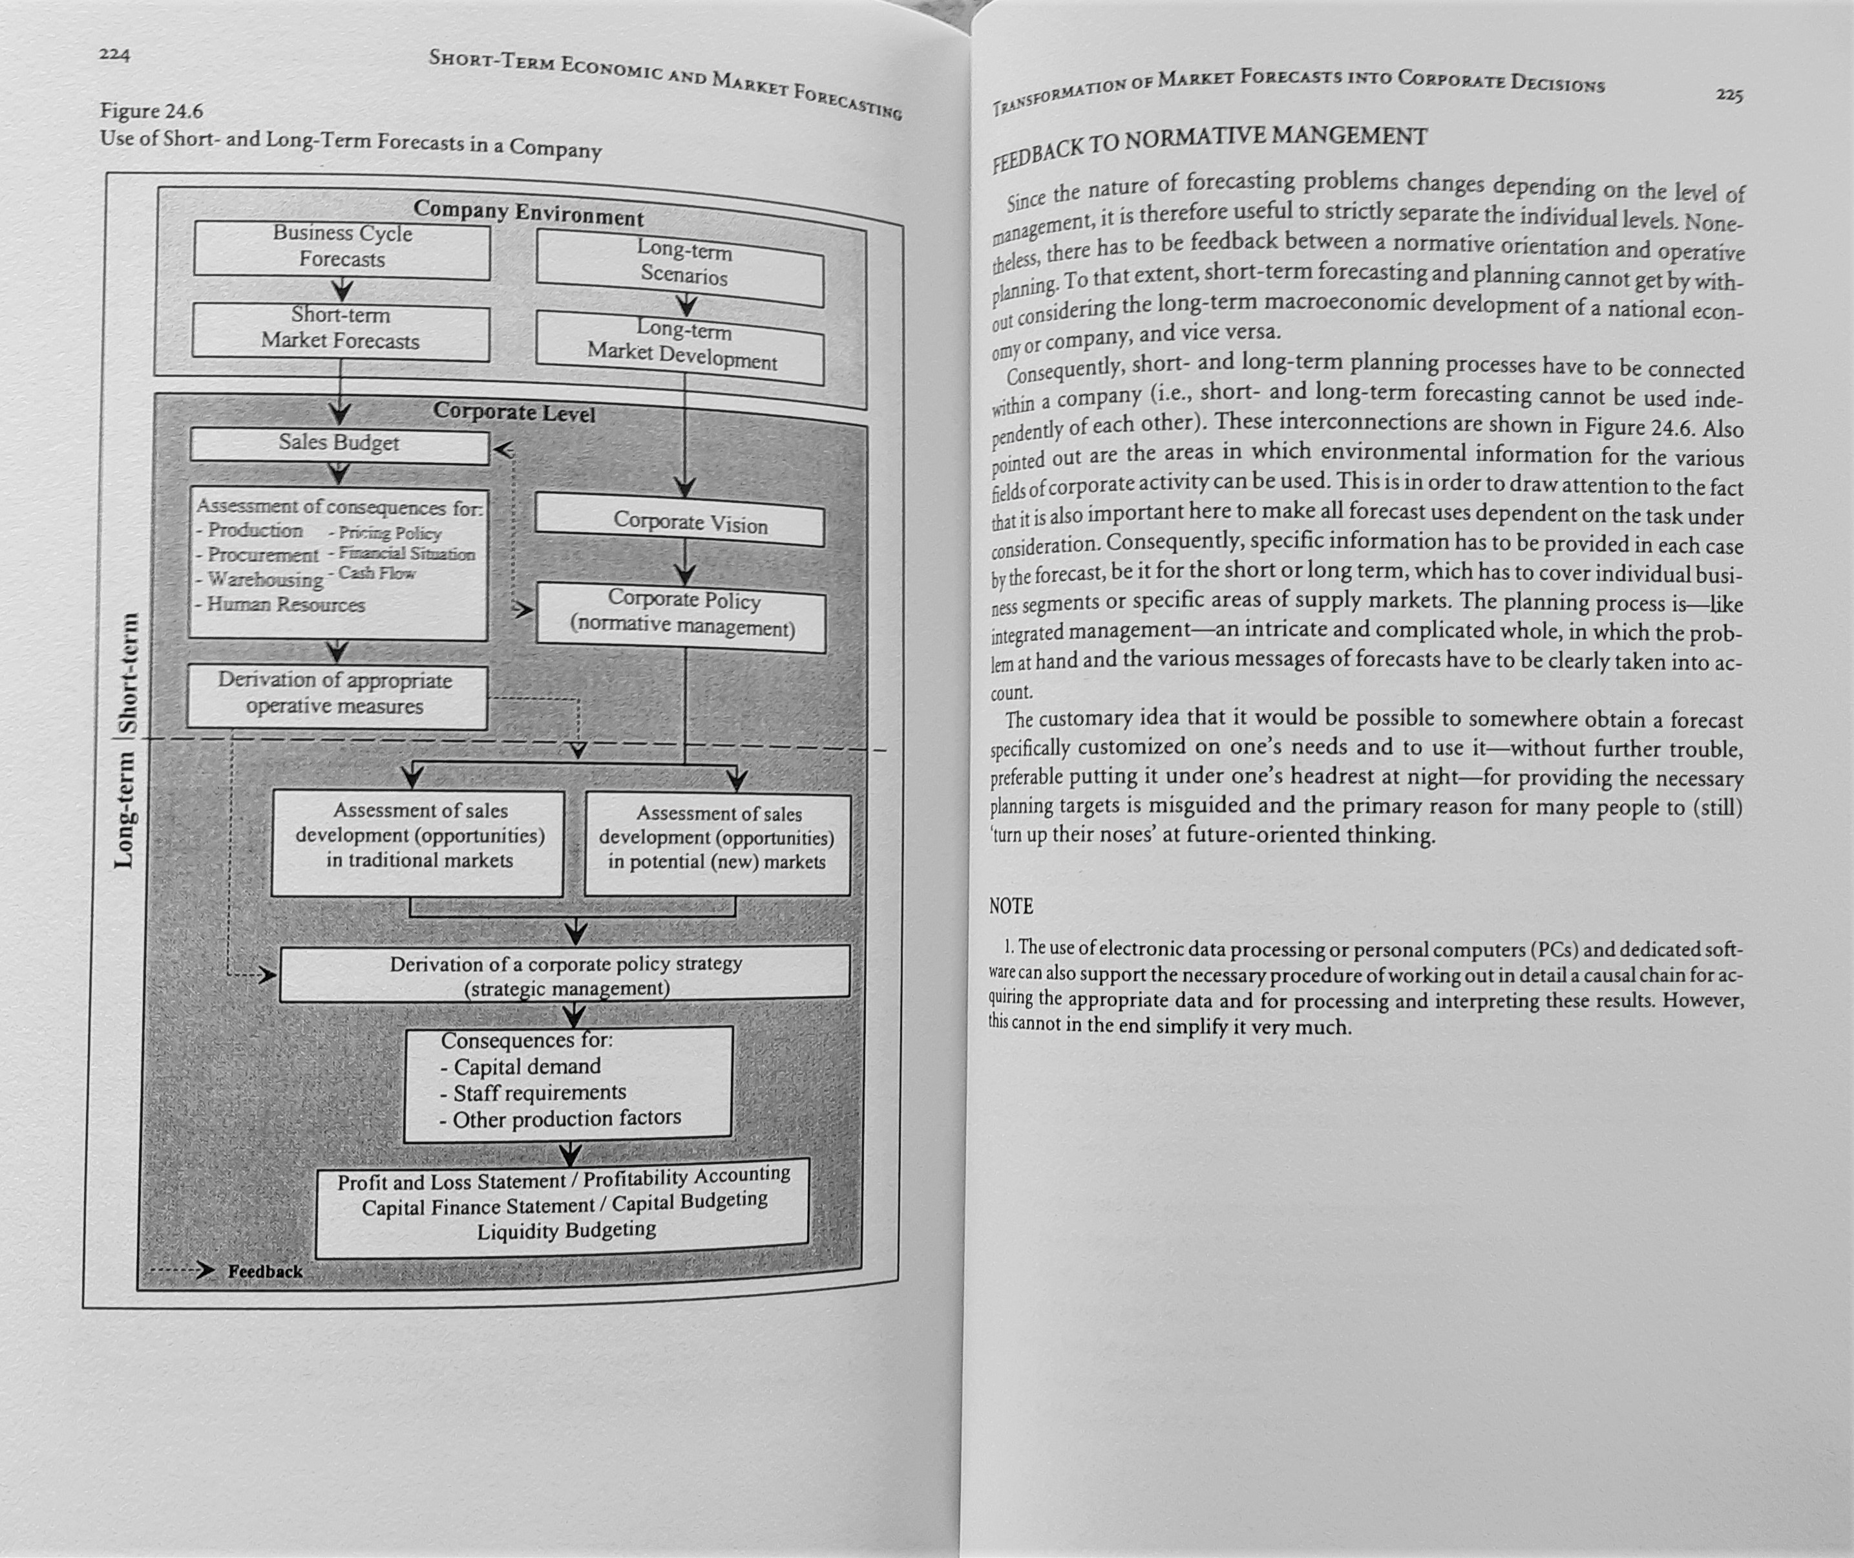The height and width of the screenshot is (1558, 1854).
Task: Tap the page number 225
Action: point(1729,94)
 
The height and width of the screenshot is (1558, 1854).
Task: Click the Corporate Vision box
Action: point(680,524)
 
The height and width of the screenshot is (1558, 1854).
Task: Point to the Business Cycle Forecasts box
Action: point(342,248)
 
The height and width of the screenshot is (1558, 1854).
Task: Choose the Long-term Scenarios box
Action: point(680,266)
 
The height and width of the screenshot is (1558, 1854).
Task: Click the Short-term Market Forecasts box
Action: point(340,330)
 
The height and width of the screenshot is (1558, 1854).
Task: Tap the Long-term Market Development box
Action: point(680,347)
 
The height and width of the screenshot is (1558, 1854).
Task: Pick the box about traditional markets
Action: point(417,837)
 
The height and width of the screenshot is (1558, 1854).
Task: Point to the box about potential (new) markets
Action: point(717,840)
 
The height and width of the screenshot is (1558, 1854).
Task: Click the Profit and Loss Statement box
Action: point(562,1206)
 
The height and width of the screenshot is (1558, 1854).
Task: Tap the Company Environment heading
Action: point(528,213)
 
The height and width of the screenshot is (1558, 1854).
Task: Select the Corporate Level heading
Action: point(514,412)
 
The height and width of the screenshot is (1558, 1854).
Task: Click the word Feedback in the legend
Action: point(265,1271)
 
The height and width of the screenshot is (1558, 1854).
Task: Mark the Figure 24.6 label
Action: point(151,111)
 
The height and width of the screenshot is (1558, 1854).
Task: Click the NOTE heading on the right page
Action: point(1011,906)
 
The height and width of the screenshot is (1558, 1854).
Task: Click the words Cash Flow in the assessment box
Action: point(377,573)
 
